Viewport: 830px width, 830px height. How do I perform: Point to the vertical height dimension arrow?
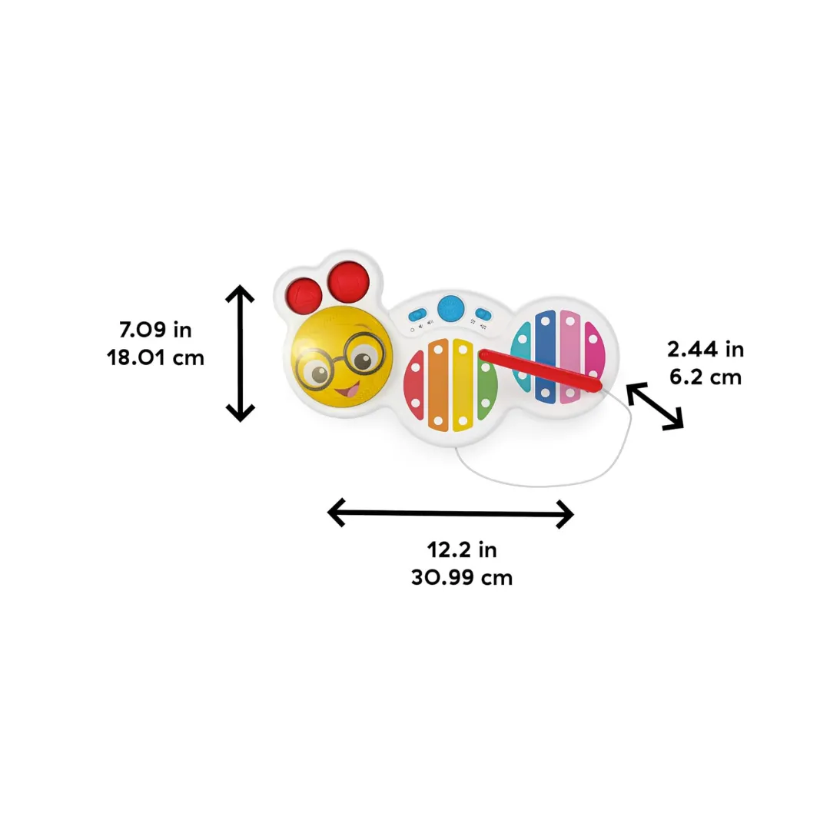pos(241,353)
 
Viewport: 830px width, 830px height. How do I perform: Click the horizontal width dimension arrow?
pos(450,513)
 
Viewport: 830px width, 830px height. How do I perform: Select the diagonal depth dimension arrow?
pos(655,405)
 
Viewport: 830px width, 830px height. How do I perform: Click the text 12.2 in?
pos(462,550)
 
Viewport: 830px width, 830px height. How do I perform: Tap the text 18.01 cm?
pos(156,357)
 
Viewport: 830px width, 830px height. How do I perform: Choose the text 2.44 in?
pos(705,350)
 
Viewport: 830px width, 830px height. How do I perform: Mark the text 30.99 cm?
pos(462,577)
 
